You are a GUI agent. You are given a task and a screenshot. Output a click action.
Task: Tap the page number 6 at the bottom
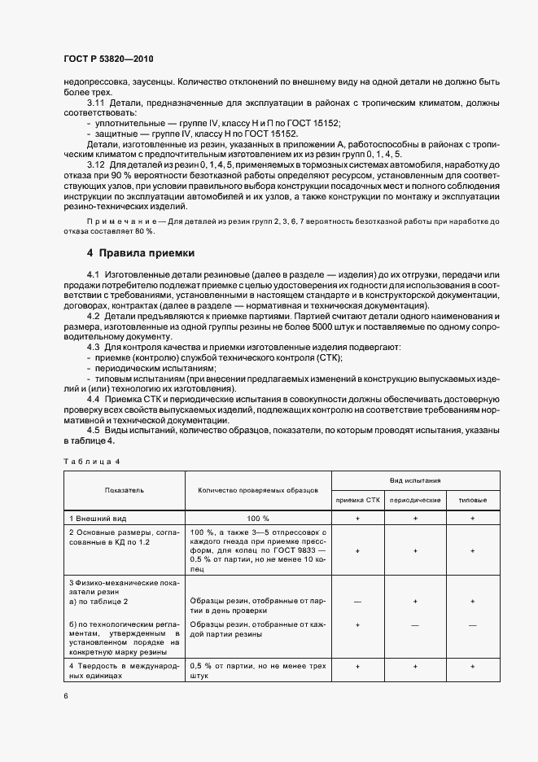click(65, 696)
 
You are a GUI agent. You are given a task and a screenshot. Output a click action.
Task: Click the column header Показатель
click(124, 491)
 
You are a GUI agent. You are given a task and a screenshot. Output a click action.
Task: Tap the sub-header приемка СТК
click(357, 500)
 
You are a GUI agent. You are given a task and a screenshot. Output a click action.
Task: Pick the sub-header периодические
click(415, 500)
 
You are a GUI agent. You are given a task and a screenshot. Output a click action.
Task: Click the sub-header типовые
click(474, 500)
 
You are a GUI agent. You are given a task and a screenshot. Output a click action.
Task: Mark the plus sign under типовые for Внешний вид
click(474, 518)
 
